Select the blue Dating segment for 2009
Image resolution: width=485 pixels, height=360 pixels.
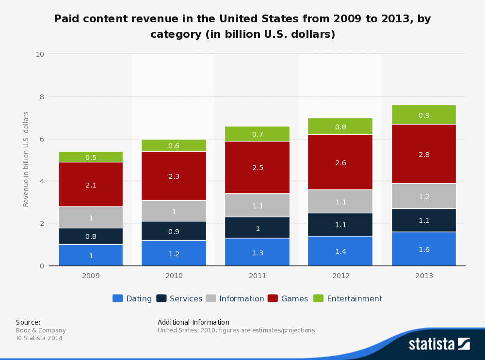click(x=91, y=255)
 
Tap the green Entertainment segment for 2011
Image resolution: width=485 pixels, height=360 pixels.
click(x=258, y=134)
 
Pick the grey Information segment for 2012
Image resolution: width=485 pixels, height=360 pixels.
click(x=340, y=201)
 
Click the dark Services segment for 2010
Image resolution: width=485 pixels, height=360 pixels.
click(x=174, y=231)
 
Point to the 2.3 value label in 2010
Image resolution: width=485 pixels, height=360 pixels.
click(x=174, y=176)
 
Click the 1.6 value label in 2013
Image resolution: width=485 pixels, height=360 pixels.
click(x=424, y=250)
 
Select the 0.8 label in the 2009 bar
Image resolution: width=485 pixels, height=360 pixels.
click(x=91, y=236)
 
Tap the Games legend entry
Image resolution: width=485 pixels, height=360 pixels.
click(x=288, y=298)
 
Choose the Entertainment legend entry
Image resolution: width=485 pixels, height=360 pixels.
click(x=348, y=298)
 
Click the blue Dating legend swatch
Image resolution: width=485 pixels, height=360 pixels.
click(x=117, y=298)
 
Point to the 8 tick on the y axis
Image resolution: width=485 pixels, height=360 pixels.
click(x=41, y=96)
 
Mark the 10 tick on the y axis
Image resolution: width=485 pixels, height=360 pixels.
click(x=40, y=54)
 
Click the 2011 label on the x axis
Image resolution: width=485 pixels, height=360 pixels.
click(x=258, y=276)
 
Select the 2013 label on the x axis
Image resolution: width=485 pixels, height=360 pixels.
click(x=424, y=276)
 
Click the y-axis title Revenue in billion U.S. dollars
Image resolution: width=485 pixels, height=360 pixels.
click(x=26, y=159)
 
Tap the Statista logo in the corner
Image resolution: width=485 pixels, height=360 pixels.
click(x=439, y=344)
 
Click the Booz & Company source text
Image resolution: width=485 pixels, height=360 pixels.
click(x=41, y=330)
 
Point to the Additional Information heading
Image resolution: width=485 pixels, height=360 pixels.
click(x=193, y=322)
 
